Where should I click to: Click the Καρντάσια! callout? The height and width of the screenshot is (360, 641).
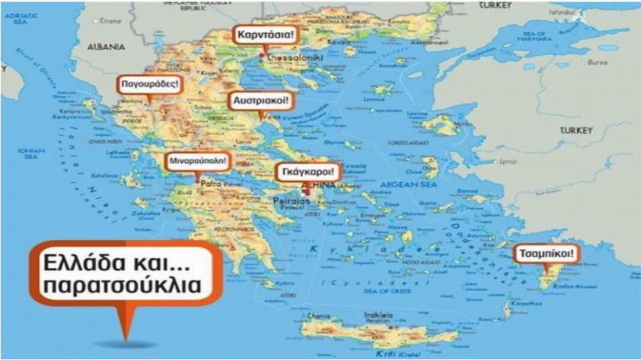tap(264, 34)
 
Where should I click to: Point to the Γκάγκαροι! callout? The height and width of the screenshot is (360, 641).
tap(309, 171)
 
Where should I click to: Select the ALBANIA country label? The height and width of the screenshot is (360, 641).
tap(106, 47)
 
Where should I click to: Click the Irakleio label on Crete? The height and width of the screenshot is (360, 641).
tap(379, 315)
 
